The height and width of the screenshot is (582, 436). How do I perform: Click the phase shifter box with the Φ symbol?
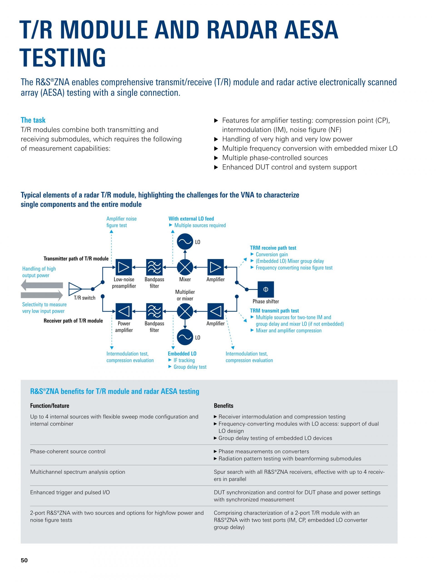click(x=265, y=289)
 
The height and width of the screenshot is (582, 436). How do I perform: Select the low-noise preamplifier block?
click(x=124, y=267)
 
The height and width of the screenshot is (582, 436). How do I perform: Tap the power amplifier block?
click(x=124, y=311)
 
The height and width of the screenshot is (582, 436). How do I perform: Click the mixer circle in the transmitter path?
click(x=185, y=267)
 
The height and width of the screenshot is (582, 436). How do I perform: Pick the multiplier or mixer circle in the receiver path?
click(x=185, y=311)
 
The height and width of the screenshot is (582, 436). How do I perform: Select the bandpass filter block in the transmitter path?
click(x=154, y=267)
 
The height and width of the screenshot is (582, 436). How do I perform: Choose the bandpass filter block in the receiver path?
click(x=154, y=311)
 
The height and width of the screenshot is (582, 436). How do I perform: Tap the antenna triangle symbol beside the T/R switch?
click(x=75, y=289)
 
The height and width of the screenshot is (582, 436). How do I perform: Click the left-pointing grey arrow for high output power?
click(x=42, y=285)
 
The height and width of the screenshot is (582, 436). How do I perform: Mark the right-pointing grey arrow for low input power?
click(x=42, y=295)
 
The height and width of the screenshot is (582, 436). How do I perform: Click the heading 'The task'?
click(x=33, y=120)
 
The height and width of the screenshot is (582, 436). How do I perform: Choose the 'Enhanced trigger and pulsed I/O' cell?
click(x=70, y=492)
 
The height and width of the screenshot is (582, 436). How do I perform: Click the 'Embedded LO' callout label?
click(x=182, y=354)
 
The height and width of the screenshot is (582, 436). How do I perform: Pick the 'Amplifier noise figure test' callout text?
click(x=121, y=222)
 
